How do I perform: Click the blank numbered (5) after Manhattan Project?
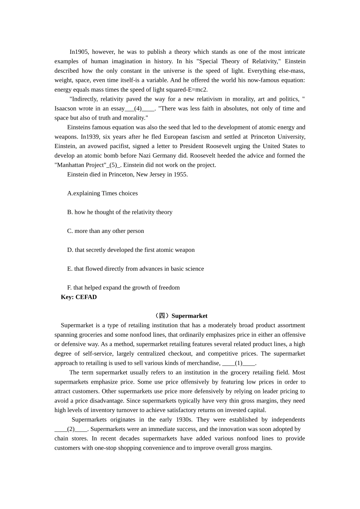click(x=113, y=165)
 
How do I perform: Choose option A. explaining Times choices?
click(x=102, y=193)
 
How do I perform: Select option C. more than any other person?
click(x=105, y=231)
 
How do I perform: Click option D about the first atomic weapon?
click(x=131, y=250)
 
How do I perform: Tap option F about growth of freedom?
click(x=123, y=288)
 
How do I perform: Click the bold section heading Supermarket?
click(x=189, y=316)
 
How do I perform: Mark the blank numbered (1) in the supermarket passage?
click(x=239, y=363)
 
